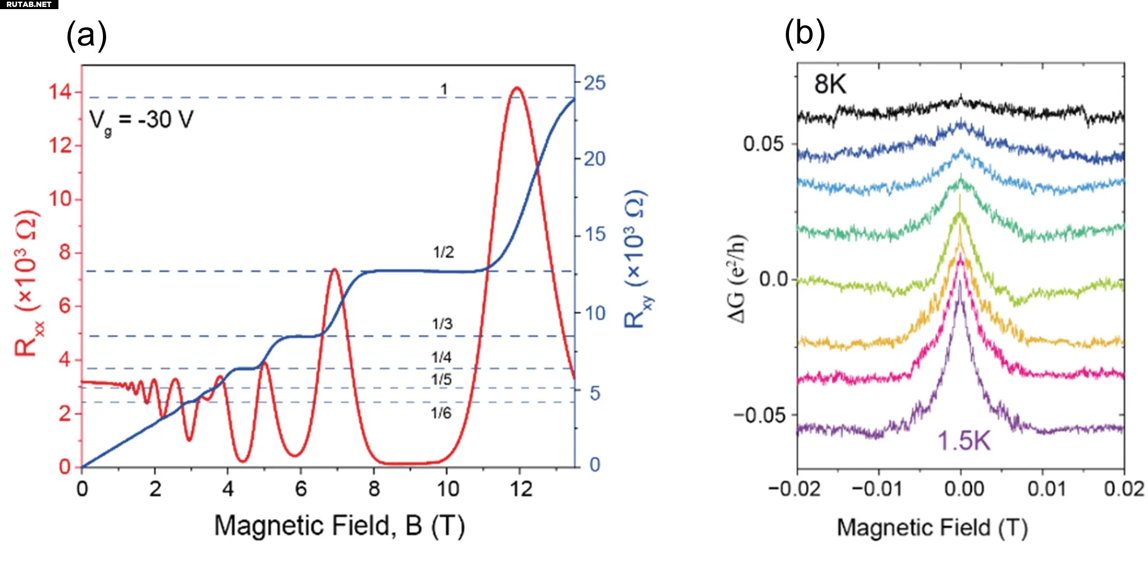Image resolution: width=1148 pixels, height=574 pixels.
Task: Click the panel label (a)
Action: pyautogui.click(x=86, y=36)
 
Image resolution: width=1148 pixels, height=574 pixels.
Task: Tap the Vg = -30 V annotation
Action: pyautogui.click(x=141, y=120)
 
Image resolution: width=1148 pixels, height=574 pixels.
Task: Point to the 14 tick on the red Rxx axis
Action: pyautogui.click(x=60, y=92)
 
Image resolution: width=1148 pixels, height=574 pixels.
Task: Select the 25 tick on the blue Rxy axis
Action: pyautogui.click(x=594, y=83)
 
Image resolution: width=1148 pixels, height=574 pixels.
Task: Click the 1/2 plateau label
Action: pyautogui.click(x=443, y=252)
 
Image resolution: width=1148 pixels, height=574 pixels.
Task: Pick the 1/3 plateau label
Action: pyautogui.click(x=442, y=324)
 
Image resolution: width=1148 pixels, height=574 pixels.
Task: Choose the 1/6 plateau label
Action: pyautogui.click(x=441, y=413)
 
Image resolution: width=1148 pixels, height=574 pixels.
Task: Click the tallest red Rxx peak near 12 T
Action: pyautogui.click(x=517, y=88)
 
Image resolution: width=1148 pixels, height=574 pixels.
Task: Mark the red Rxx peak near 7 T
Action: pyautogui.click(x=334, y=270)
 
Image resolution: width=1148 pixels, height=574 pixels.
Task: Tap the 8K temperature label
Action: pyautogui.click(x=830, y=84)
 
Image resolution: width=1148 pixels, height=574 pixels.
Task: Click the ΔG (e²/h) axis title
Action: pyautogui.click(x=737, y=279)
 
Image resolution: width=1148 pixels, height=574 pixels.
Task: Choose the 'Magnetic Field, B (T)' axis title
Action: pyautogui.click(x=339, y=526)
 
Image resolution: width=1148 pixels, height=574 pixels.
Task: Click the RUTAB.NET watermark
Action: pyautogui.click(x=29, y=4)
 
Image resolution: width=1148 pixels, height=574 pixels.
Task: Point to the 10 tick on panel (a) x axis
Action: pyautogui.click(x=448, y=489)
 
